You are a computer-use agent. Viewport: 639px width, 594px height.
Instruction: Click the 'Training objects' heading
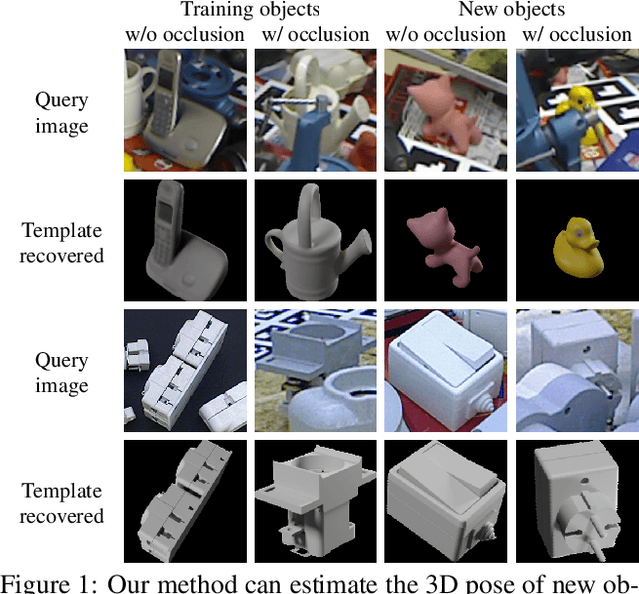(250, 11)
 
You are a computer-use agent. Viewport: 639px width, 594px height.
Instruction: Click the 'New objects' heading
(511, 11)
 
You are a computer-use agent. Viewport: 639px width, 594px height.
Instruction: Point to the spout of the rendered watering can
(276, 240)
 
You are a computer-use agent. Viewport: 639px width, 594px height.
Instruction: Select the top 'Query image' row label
(62, 113)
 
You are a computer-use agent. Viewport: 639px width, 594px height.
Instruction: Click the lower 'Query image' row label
(62, 373)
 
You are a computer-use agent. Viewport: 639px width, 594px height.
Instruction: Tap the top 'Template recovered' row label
(62, 243)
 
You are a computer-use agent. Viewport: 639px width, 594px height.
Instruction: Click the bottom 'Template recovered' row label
(62, 503)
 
